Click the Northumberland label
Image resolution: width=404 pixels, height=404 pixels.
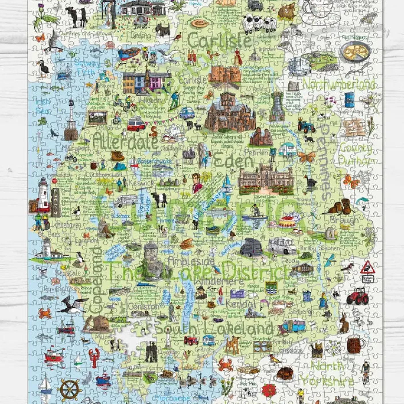pyautogui.click(x=339, y=84)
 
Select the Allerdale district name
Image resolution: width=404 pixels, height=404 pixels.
pyautogui.click(x=125, y=141)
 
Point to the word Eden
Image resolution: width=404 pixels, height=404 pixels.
pyautogui.click(x=233, y=160)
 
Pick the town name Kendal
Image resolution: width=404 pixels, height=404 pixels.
pyautogui.click(x=241, y=304)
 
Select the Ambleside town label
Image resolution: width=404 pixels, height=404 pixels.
pyautogui.click(x=191, y=261)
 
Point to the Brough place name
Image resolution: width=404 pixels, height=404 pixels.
pyautogui.click(x=344, y=220)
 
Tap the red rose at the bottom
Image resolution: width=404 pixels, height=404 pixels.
pyautogui.click(x=269, y=390)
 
